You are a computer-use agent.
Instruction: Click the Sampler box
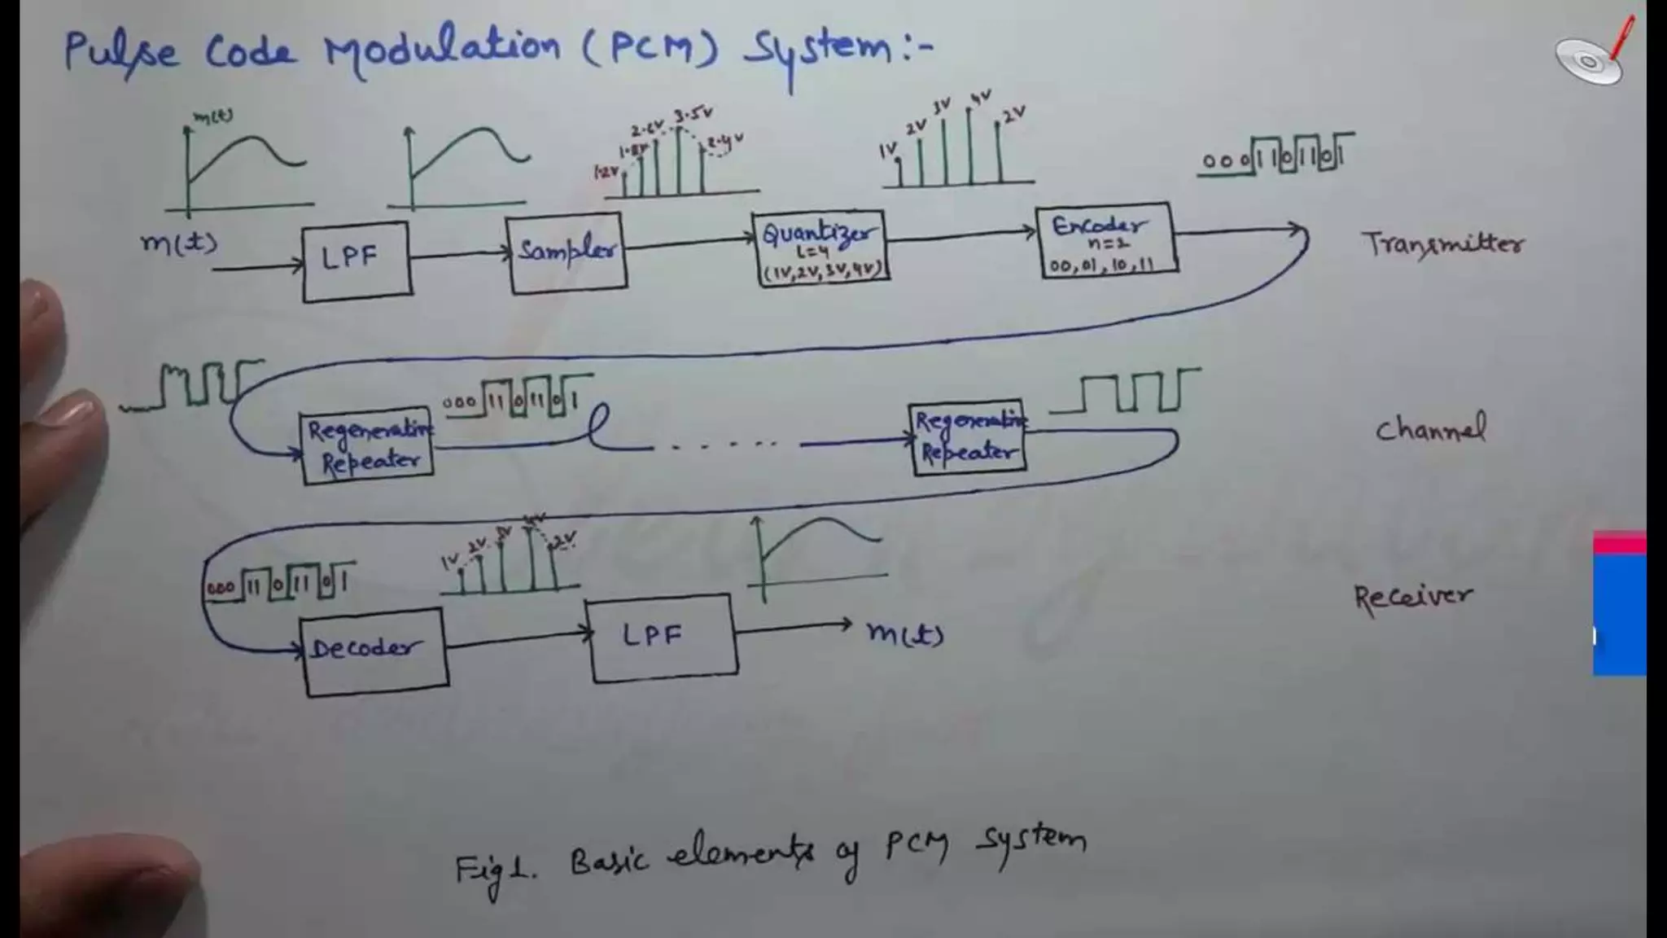(x=567, y=252)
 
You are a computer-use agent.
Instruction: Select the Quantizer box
(x=820, y=248)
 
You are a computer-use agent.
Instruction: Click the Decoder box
(x=375, y=651)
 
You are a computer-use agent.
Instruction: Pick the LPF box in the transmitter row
(x=357, y=261)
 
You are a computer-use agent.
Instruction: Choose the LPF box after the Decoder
(x=663, y=637)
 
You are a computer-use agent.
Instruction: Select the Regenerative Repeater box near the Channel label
(x=968, y=437)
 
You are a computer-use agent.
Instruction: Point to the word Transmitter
(x=1442, y=243)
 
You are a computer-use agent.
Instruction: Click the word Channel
(x=1430, y=429)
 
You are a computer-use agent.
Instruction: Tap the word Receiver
(x=1413, y=598)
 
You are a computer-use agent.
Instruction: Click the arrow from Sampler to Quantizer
(x=690, y=241)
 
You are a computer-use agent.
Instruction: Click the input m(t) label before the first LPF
(x=179, y=243)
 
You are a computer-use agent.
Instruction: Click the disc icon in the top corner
(x=1588, y=60)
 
